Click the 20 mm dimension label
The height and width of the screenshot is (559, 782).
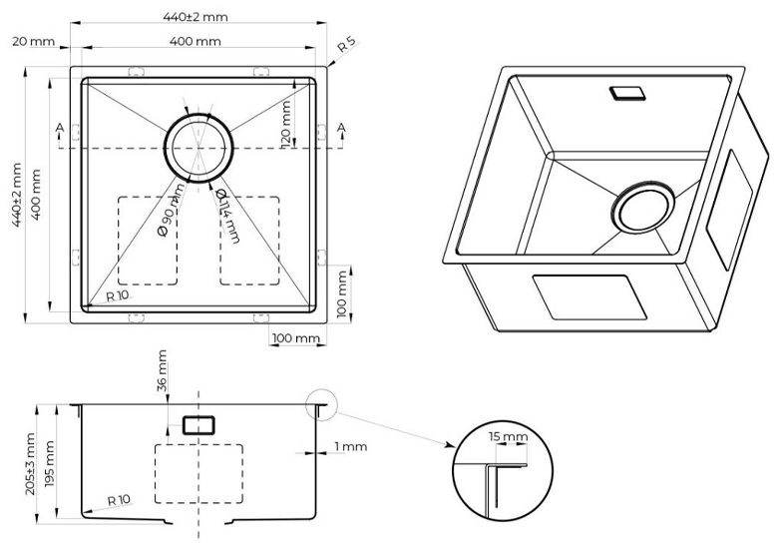pyautogui.click(x=34, y=41)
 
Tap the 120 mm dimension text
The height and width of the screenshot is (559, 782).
pyautogui.click(x=287, y=123)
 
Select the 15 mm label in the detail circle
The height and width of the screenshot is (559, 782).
pyautogui.click(x=509, y=437)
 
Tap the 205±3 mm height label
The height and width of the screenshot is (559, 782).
pyautogui.click(x=30, y=464)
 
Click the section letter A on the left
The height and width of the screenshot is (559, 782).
pyautogui.click(x=60, y=128)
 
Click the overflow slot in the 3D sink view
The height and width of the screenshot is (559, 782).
pyautogui.click(x=627, y=93)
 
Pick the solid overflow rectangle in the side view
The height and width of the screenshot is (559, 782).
pyautogui.click(x=198, y=424)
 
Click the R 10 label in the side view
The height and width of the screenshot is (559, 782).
pyautogui.click(x=118, y=500)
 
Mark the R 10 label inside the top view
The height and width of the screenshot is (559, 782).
pyautogui.click(x=118, y=296)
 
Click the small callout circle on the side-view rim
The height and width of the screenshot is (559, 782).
pyautogui.click(x=320, y=404)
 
